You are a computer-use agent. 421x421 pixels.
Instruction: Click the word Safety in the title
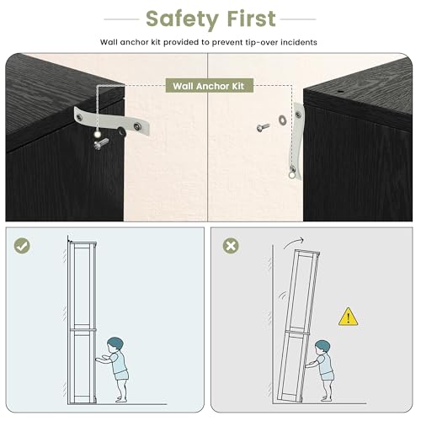(182, 19)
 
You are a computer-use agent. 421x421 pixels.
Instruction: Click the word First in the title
(252, 19)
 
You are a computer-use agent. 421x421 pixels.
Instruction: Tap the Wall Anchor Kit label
(209, 86)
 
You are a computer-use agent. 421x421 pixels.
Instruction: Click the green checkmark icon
(22, 246)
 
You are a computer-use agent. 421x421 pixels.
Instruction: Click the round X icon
(231, 246)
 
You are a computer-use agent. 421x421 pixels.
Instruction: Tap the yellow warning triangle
(348, 317)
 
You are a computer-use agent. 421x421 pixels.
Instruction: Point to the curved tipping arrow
(293, 242)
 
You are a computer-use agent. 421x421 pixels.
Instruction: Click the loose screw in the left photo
(101, 144)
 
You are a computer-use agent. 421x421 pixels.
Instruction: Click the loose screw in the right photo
(264, 127)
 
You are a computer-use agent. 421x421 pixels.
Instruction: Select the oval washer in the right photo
(282, 120)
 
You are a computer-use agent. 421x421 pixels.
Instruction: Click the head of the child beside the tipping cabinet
(322, 349)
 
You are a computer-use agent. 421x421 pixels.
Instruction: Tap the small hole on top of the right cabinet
(340, 92)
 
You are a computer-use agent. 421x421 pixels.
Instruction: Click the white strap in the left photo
(112, 121)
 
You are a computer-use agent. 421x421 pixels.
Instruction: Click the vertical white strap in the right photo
(296, 141)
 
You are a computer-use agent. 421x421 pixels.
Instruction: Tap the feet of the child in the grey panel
(326, 398)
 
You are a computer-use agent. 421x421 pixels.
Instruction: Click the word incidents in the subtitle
(299, 42)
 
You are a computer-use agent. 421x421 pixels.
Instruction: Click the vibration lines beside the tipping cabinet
(283, 296)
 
